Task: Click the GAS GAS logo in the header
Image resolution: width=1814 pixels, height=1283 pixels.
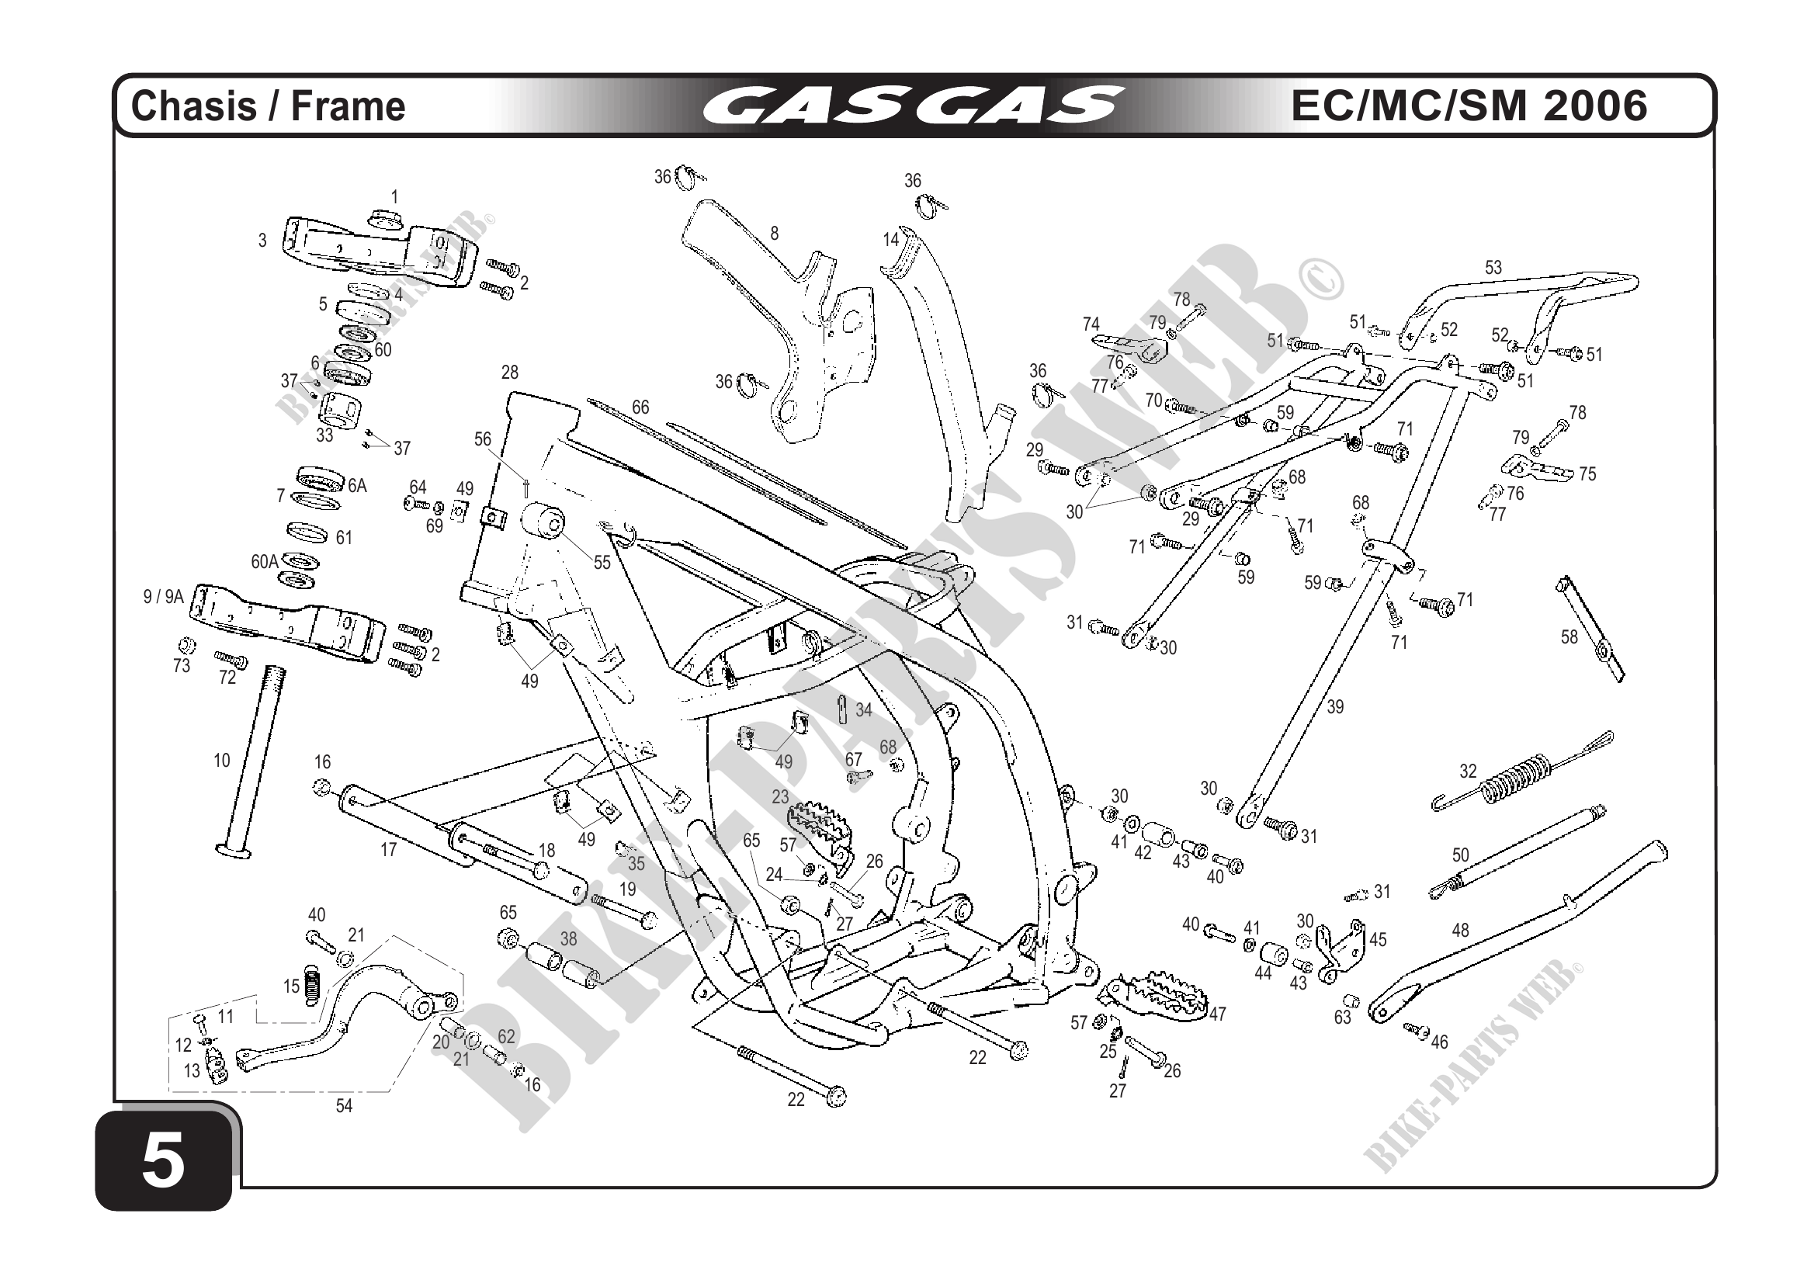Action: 912,106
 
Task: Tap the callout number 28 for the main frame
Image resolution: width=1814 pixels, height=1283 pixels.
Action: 510,372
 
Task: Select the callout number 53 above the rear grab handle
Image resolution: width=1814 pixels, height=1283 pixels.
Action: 1493,268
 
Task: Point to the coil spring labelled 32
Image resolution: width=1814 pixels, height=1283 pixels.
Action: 1517,782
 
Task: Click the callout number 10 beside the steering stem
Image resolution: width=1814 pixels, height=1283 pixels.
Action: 222,761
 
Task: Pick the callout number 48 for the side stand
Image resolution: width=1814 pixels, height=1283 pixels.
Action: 1460,931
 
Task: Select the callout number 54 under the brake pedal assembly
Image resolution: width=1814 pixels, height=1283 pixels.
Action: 344,1106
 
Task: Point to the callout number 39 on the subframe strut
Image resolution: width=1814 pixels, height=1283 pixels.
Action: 1334,707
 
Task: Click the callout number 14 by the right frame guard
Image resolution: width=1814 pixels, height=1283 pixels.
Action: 891,239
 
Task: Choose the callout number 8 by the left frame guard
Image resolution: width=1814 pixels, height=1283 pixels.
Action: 775,233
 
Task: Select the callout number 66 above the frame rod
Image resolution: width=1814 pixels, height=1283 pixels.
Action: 640,407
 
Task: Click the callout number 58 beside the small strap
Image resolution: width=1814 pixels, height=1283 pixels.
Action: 1568,636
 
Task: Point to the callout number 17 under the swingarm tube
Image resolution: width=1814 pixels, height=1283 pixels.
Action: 389,850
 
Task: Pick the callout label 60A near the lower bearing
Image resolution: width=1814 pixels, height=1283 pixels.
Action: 265,562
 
